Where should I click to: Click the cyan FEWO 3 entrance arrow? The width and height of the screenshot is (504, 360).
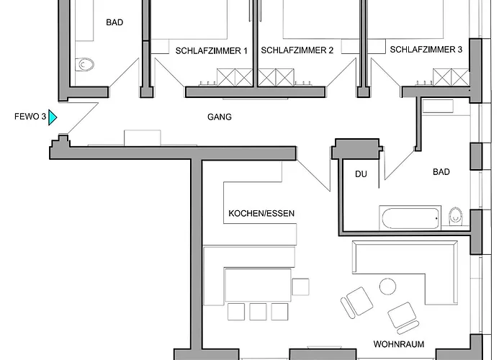(x=53, y=117)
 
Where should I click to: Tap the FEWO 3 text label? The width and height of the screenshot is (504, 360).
(x=30, y=117)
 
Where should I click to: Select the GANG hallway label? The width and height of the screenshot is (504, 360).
(x=220, y=117)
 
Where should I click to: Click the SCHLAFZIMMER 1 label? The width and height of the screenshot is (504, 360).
(x=212, y=51)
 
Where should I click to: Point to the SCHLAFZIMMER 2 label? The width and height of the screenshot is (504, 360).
(x=297, y=50)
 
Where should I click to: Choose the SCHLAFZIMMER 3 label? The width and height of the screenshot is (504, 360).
(x=426, y=50)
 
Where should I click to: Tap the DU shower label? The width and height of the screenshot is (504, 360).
(x=361, y=174)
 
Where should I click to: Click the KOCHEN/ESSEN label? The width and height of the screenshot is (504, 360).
(x=261, y=213)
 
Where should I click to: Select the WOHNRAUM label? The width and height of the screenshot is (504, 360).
(x=399, y=344)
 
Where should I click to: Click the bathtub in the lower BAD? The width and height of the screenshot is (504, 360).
(x=410, y=218)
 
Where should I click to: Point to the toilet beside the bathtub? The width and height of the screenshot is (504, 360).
(x=456, y=217)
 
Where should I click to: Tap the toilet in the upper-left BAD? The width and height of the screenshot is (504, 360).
(x=84, y=65)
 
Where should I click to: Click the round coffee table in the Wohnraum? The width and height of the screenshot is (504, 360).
(x=387, y=287)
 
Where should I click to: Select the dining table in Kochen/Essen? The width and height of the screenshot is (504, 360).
(x=258, y=285)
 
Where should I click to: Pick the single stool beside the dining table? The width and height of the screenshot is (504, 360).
(x=300, y=287)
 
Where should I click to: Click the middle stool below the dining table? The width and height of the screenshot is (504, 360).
(x=258, y=312)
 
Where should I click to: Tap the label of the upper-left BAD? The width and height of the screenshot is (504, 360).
(x=114, y=22)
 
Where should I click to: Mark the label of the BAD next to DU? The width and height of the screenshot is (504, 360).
(x=441, y=172)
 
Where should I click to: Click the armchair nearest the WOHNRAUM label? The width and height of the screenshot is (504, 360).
(x=403, y=318)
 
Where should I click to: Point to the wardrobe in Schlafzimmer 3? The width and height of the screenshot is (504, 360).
(x=451, y=77)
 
